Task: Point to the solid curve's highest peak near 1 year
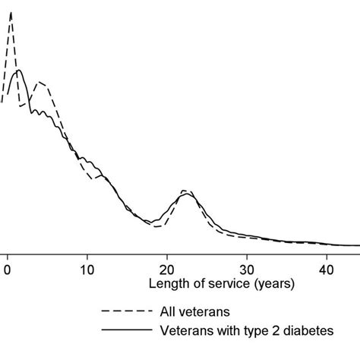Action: point(19,71)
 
